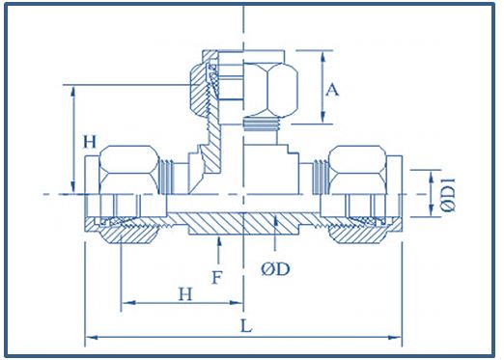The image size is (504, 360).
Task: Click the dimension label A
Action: (x=332, y=90)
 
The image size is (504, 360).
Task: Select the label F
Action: (x=217, y=278)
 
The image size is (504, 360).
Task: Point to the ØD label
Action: (x=275, y=269)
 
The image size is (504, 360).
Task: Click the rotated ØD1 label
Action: (x=448, y=195)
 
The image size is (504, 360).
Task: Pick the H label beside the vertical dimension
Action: (x=90, y=142)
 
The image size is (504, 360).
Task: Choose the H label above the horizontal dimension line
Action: (x=185, y=293)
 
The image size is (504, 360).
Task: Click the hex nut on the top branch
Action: (x=270, y=90)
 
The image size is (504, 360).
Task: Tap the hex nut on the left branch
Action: (x=129, y=170)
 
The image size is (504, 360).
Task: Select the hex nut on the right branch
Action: (x=357, y=170)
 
